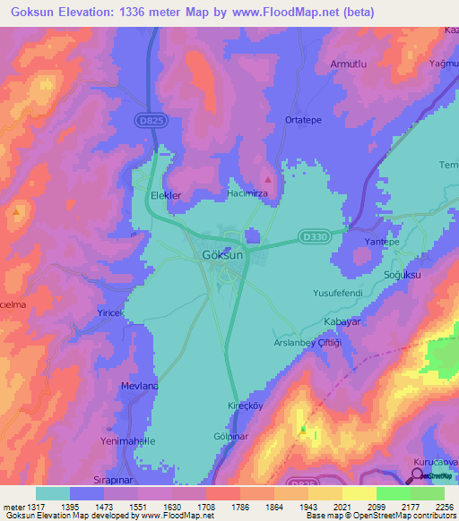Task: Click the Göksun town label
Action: (x=224, y=257)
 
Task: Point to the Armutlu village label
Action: (x=351, y=64)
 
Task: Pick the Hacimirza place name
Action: (x=248, y=193)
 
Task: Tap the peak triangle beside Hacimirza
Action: (x=268, y=180)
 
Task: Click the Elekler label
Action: (x=166, y=195)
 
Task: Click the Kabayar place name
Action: (x=342, y=320)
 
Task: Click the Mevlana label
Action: (x=139, y=386)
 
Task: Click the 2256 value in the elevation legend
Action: (x=444, y=507)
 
